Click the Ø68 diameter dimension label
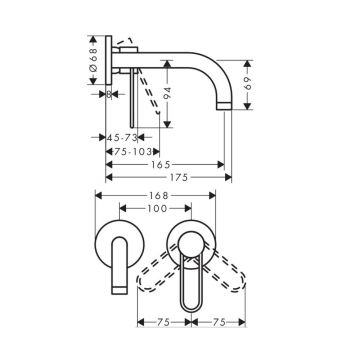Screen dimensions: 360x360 93,60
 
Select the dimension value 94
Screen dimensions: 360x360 167,94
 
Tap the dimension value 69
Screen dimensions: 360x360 247,82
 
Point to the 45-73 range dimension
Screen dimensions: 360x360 122,137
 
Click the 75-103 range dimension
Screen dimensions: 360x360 133,152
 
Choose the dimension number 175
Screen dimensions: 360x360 179,177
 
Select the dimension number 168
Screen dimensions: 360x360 158,195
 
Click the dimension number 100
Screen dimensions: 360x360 156,209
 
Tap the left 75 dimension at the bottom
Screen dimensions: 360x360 164,322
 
